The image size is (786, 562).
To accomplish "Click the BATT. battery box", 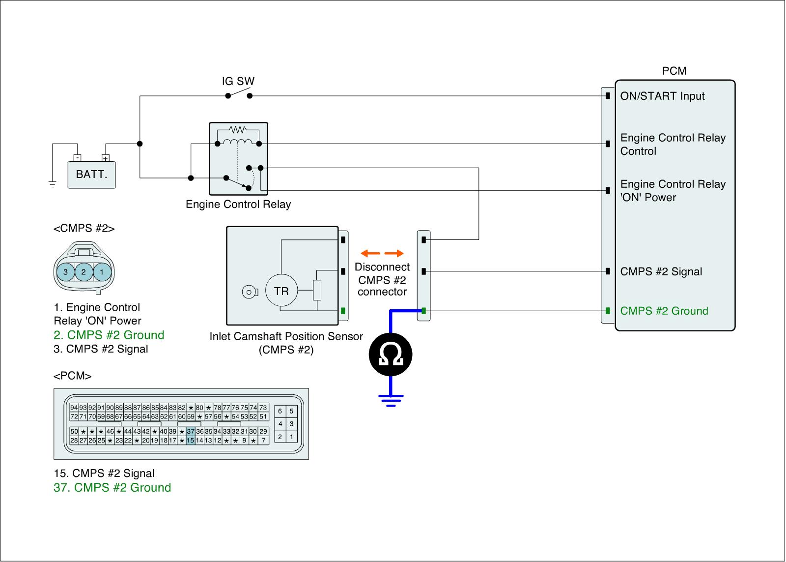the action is click(x=91, y=175).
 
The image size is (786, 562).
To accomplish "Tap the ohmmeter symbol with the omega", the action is click(x=391, y=355).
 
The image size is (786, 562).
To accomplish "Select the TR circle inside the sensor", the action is click(x=281, y=291).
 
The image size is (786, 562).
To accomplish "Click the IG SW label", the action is click(x=238, y=81).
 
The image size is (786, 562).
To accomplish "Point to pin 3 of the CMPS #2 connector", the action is click(x=66, y=271).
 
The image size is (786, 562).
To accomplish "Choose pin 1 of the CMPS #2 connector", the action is click(x=102, y=271).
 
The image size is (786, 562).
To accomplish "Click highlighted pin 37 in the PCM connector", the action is click(x=191, y=431).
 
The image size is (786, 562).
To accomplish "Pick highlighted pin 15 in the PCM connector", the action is click(x=191, y=440).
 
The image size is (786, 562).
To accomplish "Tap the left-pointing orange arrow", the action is click(x=370, y=253).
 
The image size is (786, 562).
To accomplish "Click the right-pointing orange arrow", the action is click(x=394, y=253).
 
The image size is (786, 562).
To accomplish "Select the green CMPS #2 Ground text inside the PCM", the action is click(x=664, y=311).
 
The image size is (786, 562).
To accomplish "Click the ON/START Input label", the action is click(x=663, y=96).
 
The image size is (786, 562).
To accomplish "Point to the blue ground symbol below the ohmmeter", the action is click(x=391, y=400).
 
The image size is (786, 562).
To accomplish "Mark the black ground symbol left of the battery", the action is click(x=52, y=184).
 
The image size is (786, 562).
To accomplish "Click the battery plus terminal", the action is click(x=105, y=158).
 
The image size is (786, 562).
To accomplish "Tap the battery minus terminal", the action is click(x=77, y=158).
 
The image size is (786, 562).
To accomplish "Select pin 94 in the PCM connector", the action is click(x=74, y=408).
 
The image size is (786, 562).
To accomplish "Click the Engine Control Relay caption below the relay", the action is click(x=238, y=204).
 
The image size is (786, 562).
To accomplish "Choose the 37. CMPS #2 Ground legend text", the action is click(x=112, y=488).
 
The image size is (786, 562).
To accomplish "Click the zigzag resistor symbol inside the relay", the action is click(x=238, y=130).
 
